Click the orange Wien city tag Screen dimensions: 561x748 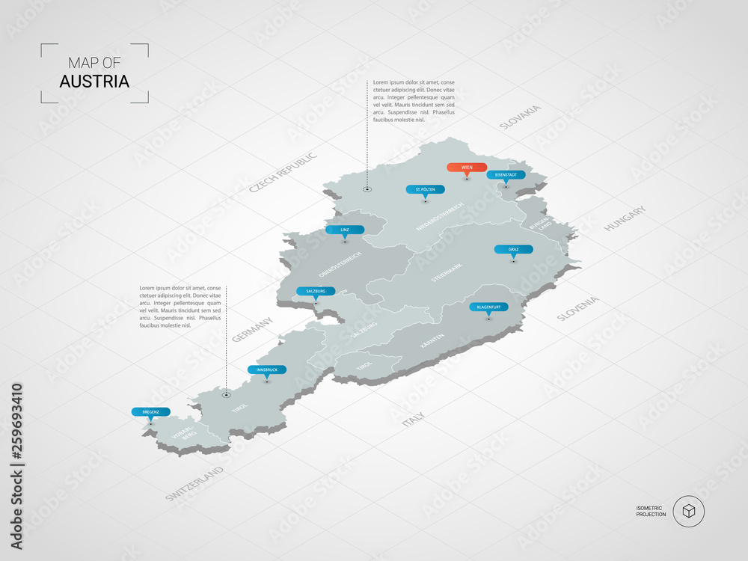tap(467, 168)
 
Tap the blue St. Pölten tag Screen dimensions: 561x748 tap(426, 189)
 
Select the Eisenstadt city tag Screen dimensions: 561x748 tap(506, 175)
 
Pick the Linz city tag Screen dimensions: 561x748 tap(345, 230)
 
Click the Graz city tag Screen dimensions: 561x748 tap(513, 249)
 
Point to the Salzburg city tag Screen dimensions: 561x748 tap(316, 291)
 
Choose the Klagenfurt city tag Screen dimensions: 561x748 tap(488, 307)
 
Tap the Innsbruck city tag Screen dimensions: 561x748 tap(267, 370)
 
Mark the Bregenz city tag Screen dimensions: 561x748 tap(150, 411)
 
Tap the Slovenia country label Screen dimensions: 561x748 tap(578, 309)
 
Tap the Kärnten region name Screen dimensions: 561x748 tap(432, 342)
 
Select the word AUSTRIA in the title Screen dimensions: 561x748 tap(94, 81)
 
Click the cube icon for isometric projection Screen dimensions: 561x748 tap(688, 512)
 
